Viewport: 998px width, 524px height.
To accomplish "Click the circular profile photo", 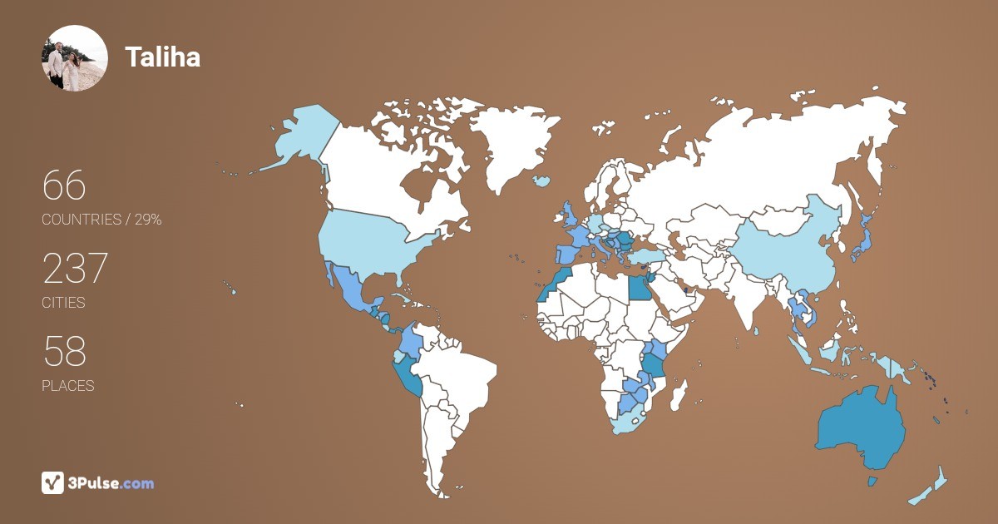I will (75, 57).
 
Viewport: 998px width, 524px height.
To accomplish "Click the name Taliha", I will (162, 57).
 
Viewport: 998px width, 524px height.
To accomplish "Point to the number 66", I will (64, 185).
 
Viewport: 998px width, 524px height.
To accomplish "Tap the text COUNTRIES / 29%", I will (101, 220).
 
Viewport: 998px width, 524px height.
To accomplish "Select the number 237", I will (75, 269).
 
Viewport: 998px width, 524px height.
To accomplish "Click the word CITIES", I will (63, 303).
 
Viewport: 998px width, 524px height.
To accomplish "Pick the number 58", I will (64, 352).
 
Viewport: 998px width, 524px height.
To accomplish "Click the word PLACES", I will (67, 386).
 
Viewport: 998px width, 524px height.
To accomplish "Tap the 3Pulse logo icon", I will (53, 482).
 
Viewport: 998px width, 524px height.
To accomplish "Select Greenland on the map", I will (511, 141).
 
